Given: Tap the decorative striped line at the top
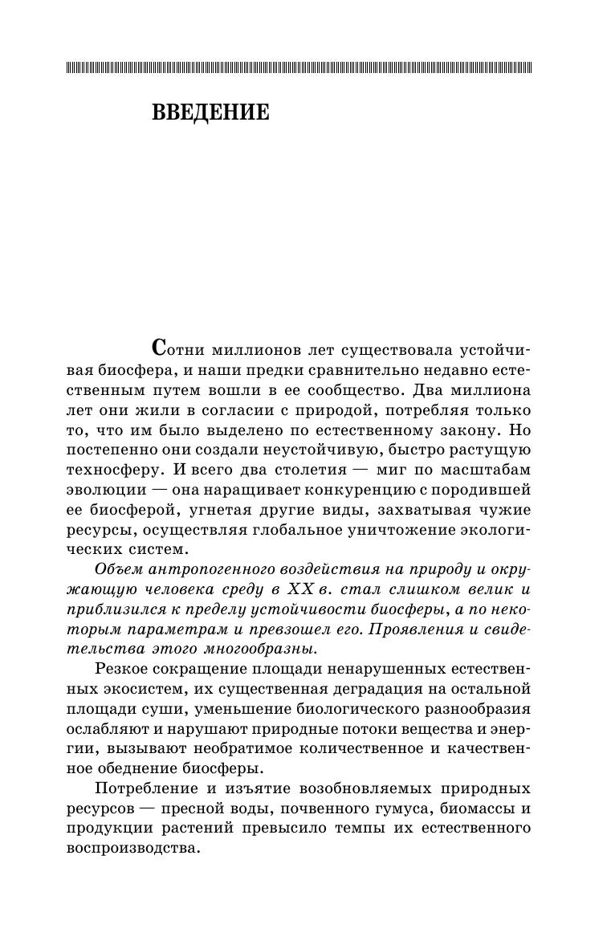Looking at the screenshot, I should pyautogui.click(x=303, y=68).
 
